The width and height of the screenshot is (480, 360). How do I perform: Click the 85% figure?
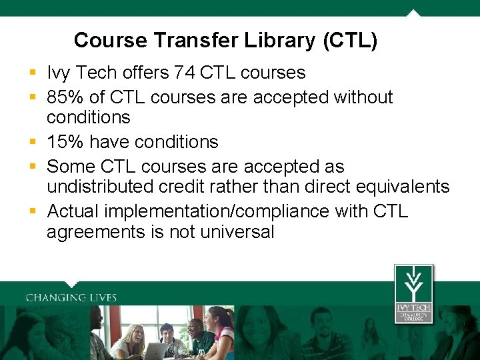coord(65,97)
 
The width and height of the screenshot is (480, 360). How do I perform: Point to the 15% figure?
coord(65,142)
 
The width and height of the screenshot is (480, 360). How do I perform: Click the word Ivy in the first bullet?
coord(59,73)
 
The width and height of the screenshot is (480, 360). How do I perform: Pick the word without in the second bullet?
coord(363,97)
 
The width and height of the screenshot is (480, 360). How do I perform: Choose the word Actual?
coord(74,211)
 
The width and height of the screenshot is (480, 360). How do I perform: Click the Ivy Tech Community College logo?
coord(413,293)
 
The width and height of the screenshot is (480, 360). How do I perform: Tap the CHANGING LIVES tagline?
coord(71,297)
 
